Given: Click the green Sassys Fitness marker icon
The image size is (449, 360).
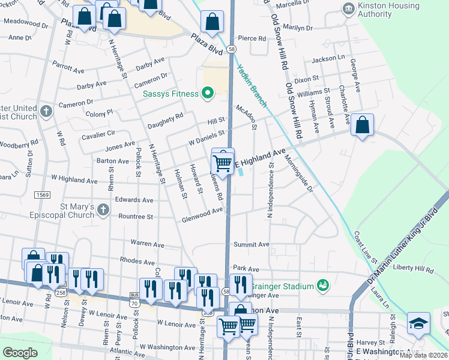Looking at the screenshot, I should coord(208,94).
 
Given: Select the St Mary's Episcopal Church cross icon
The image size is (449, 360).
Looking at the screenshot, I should coord(103,209).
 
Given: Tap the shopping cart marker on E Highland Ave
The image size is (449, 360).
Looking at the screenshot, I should coord(223,163).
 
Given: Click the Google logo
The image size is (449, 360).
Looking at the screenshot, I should coord(20,353).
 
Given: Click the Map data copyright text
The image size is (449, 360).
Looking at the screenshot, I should coord(423,355).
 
